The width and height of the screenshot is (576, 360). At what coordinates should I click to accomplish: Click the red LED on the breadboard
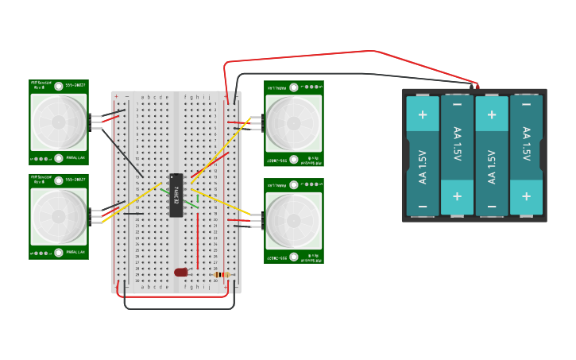181,272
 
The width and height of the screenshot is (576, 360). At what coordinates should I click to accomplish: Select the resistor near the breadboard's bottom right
222,275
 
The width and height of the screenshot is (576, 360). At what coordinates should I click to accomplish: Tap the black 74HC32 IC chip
176,195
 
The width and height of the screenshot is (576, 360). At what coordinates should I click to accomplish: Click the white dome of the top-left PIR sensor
59,122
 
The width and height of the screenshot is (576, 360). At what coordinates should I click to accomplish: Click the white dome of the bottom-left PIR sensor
59,216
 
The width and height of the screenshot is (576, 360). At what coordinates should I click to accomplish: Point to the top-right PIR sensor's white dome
293,123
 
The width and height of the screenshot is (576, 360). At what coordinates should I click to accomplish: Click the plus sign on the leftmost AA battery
422,114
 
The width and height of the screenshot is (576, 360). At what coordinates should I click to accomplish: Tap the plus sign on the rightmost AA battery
526,196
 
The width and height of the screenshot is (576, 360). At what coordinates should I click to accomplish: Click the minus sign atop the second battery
457,104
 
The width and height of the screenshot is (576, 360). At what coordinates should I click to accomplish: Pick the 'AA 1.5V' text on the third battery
492,156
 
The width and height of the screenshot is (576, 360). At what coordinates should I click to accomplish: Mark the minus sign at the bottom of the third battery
492,207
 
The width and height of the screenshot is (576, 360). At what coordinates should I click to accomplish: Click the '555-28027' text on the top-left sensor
75,83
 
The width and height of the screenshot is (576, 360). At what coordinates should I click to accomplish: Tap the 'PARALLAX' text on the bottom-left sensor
76,252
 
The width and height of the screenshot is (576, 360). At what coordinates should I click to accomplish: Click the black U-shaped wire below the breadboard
179,308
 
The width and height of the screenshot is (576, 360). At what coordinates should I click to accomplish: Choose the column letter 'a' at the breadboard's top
142,97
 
